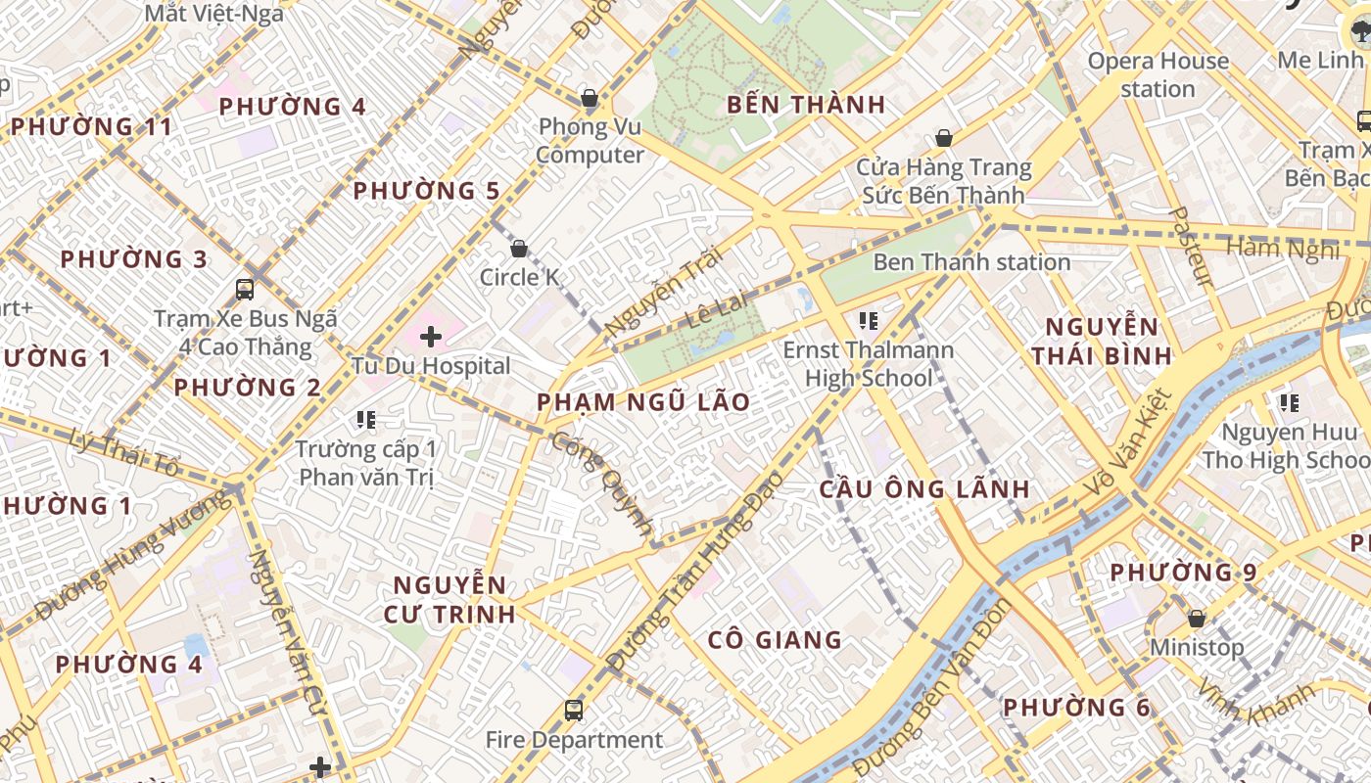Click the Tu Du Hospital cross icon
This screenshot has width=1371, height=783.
[x=431, y=338]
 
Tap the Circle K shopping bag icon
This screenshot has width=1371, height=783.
[x=519, y=249]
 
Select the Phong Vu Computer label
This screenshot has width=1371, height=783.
[x=590, y=141]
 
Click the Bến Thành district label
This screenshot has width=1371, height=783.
[x=806, y=105]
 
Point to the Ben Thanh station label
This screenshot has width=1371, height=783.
[x=971, y=262]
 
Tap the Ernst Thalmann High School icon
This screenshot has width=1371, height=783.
[x=868, y=320]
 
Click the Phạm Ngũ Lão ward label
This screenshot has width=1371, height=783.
[x=643, y=402]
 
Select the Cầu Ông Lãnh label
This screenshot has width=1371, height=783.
[x=924, y=488]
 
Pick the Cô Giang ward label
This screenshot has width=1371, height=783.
[x=775, y=640]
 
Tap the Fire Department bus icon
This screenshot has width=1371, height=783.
[x=574, y=710]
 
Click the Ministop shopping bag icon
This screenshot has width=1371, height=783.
[x=1196, y=619]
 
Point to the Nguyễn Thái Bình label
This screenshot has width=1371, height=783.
[x=1102, y=341]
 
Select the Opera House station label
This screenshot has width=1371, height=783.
[x=1158, y=74]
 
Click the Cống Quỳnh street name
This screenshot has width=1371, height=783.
[x=601, y=485]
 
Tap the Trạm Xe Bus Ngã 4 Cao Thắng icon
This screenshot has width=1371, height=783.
[x=245, y=290]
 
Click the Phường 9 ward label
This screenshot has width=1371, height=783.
[x=1183, y=572]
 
